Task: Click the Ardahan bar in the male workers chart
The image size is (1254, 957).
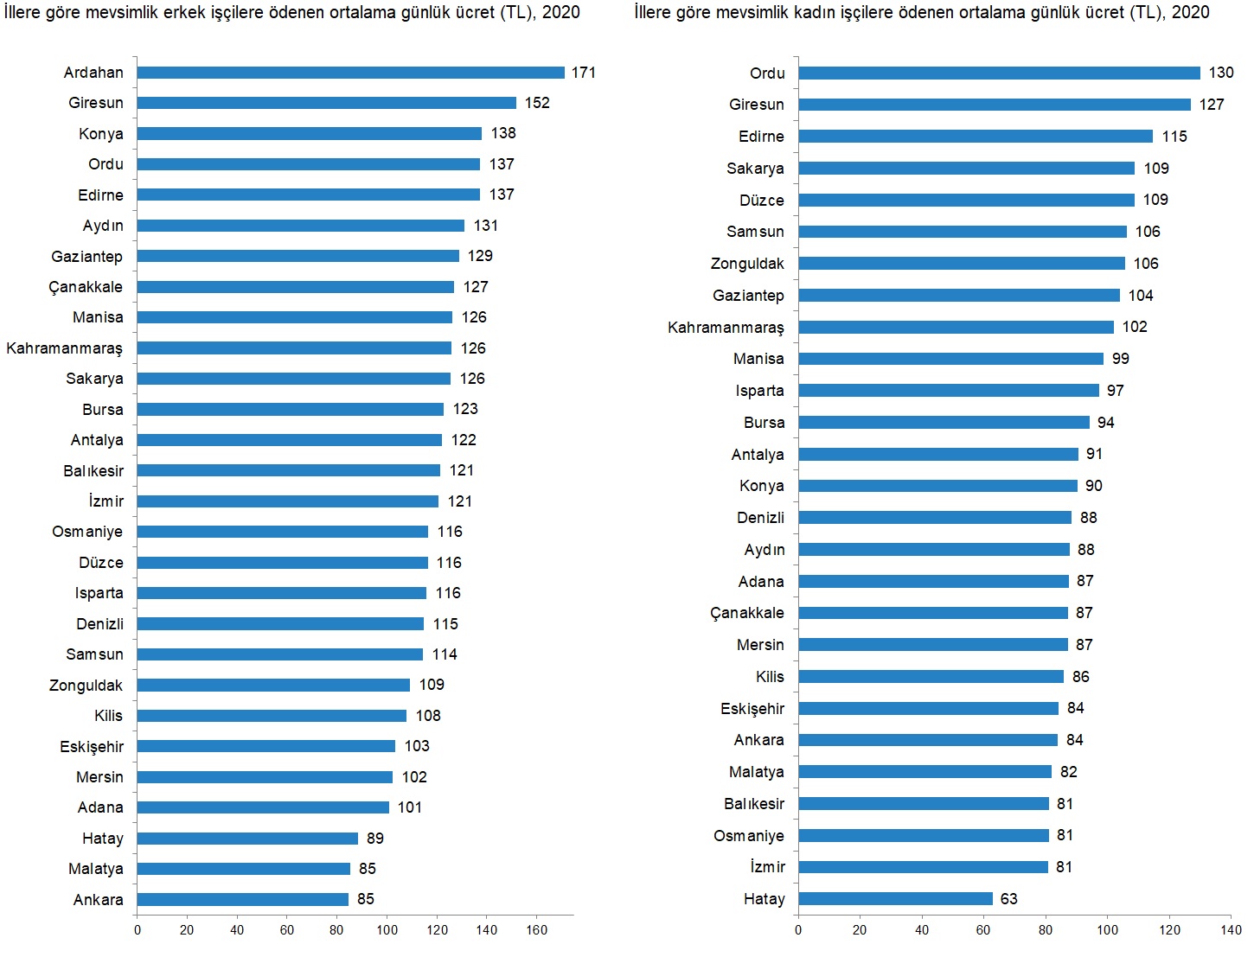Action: [x=350, y=73]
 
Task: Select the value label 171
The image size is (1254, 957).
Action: [x=584, y=73]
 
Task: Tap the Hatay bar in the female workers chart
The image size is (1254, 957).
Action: [x=895, y=899]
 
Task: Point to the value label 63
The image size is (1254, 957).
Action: [x=1009, y=899]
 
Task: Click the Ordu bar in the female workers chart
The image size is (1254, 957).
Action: [x=999, y=73]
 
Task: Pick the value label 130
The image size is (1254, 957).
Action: [x=1221, y=73]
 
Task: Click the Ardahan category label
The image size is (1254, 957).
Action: [x=93, y=73]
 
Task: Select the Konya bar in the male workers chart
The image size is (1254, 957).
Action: [x=309, y=134]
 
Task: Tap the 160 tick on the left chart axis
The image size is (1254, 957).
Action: [x=536, y=930]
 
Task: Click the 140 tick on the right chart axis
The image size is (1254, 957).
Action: [x=1232, y=930]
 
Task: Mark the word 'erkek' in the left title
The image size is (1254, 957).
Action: [x=184, y=13]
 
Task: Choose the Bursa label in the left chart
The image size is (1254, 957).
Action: [x=103, y=410]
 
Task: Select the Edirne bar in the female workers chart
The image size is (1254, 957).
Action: [x=976, y=137]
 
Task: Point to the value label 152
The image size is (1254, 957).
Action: [x=537, y=103]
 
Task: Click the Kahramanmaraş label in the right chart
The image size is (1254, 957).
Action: [x=726, y=328]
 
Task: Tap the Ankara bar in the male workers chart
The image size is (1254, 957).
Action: [x=242, y=900]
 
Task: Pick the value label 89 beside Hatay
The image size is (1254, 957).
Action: [x=375, y=839]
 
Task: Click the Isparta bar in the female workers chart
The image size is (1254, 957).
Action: [x=949, y=391]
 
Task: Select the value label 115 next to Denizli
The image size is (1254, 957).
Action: [x=445, y=624]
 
